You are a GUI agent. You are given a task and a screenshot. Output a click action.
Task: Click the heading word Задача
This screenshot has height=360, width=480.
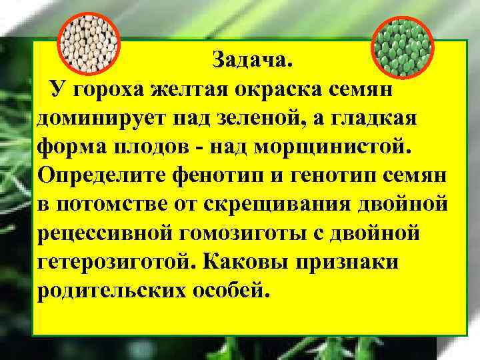point(252,61)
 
